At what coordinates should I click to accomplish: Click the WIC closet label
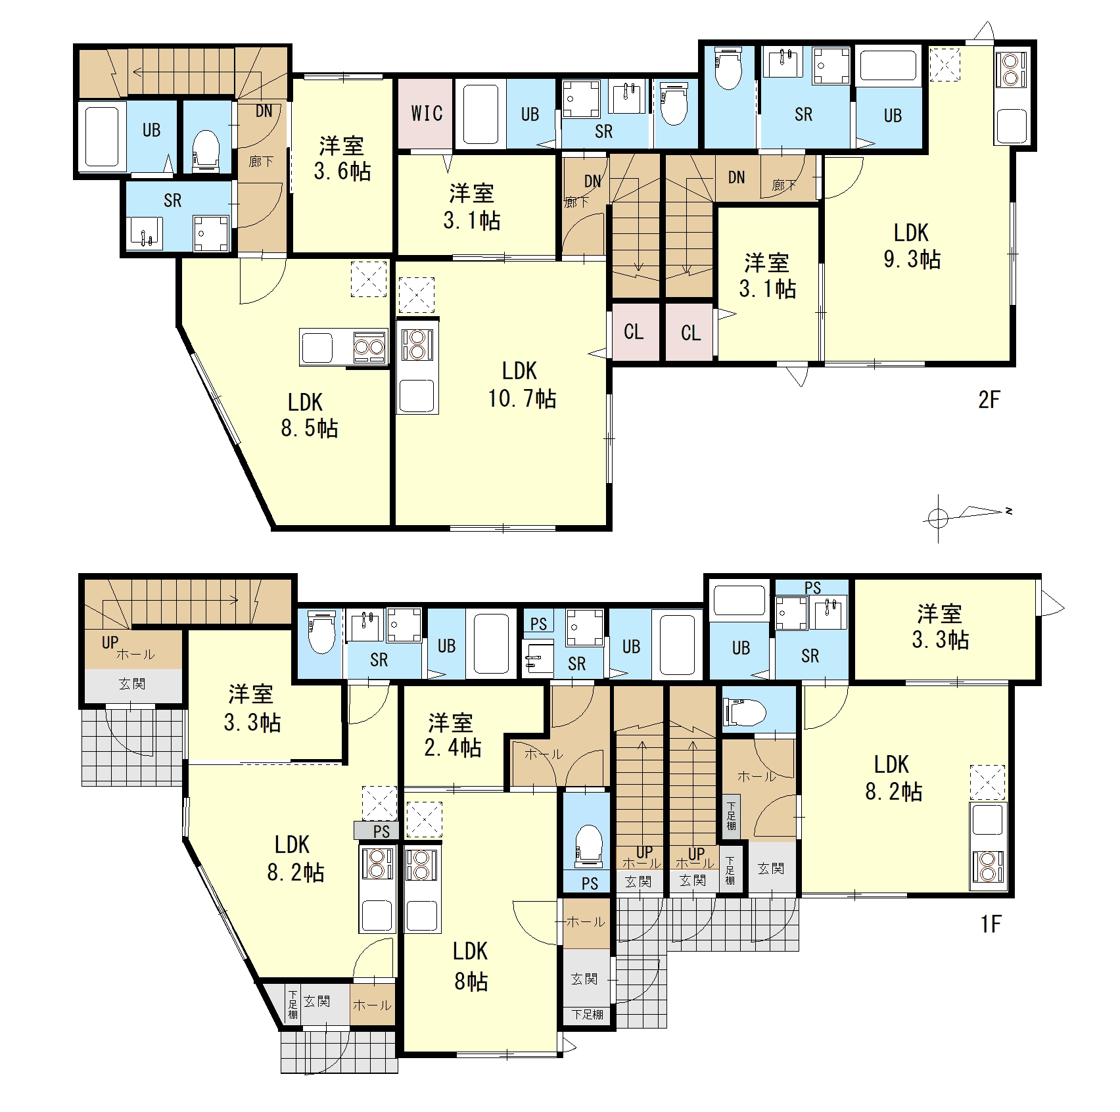(427, 113)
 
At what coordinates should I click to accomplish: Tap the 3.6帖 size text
(342, 172)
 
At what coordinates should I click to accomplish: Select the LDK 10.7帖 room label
(521, 384)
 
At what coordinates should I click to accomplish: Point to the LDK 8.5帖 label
(309, 415)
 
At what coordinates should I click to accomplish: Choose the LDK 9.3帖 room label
(912, 246)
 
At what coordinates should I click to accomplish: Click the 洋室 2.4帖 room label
(453, 735)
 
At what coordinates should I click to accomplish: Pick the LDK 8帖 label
(471, 965)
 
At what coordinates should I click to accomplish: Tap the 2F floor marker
(989, 399)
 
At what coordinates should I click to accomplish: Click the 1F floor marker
(991, 925)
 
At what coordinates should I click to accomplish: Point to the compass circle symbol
(939, 519)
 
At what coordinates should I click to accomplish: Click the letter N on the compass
(1009, 511)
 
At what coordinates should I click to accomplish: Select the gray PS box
(376, 831)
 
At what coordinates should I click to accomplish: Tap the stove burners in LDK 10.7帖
(417, 345)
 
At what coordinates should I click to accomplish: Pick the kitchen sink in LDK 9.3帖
(1011, 126)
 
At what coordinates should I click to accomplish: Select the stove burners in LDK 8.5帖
(369, 347)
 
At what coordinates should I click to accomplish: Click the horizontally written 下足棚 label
(587, 1014)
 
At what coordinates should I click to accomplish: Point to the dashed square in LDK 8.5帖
(369, 279)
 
